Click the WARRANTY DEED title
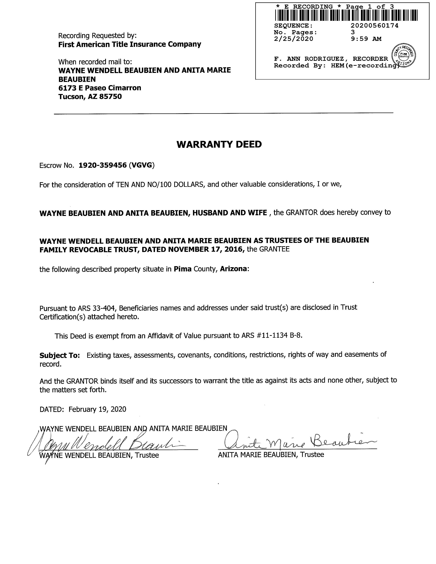tap(219, 144)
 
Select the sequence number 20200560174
tap(374, 26)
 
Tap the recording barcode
tap(346, 15)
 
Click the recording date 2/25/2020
tap(293, 39)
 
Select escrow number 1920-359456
tap(103, 165)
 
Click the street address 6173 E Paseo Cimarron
tap(100, 88)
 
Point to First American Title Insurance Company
tap(130, 44)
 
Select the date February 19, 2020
tap(97, 409)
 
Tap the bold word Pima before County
tap(182, 269)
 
